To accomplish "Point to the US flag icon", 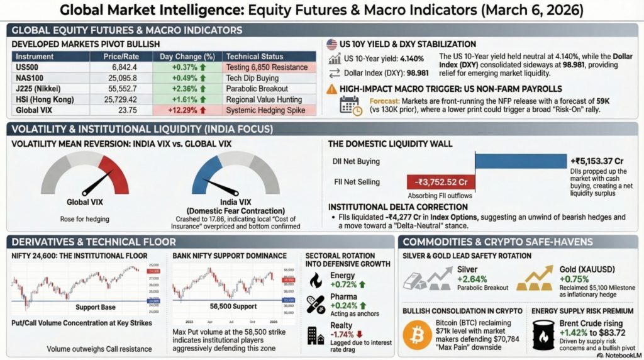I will (332, 45).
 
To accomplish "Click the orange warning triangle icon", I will (332, 89).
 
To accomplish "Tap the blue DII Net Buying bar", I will (519, 160).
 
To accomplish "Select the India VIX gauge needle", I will (220, 188).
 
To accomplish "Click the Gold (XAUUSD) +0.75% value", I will (575, 279).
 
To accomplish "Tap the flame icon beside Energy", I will (316, 280).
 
